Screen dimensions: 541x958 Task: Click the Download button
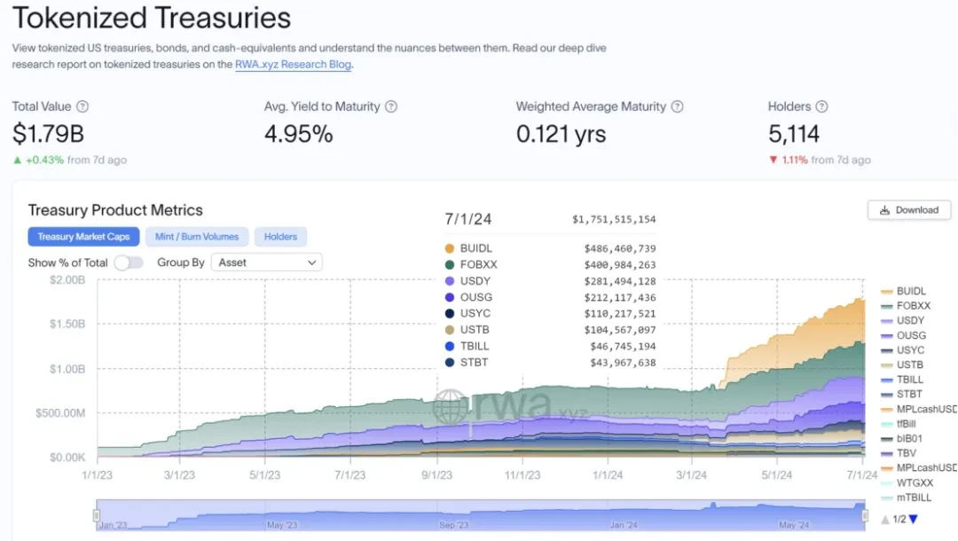909,210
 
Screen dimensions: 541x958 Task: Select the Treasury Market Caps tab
83,237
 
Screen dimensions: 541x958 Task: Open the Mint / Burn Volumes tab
197,237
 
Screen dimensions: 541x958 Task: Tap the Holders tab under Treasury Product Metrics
280,237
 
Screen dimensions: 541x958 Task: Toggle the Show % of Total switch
129,263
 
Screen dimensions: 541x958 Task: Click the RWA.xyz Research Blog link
293,65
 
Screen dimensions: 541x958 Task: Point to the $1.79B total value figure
48,134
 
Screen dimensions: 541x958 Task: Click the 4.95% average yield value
298,134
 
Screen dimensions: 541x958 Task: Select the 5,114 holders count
794,134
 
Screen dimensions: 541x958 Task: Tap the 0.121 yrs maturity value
561,134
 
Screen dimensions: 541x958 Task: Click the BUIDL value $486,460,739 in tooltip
620,249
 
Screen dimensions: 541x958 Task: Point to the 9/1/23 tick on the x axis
436,475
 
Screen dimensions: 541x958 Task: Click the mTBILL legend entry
914,498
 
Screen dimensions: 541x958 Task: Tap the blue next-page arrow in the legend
913,519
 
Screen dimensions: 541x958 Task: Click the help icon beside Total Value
82,106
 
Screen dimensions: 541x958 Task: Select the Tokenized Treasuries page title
152,18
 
